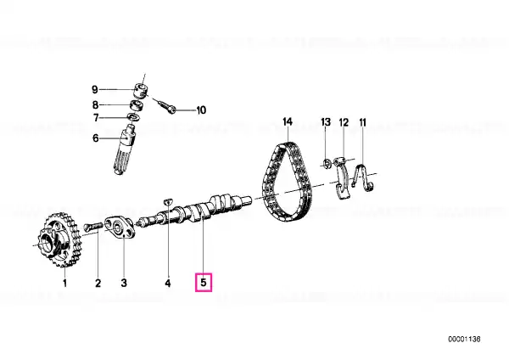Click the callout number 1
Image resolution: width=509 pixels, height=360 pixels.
coord(65,283)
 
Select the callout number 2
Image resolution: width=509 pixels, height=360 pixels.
coord(98,283)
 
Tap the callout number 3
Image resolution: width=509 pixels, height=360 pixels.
coord(124,283)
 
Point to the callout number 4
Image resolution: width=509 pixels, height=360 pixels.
coord(167,283)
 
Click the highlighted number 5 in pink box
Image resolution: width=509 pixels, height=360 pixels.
coord(204,283)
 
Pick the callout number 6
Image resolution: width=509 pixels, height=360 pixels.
coord(95,138)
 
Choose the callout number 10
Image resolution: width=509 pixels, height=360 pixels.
coord(201,110)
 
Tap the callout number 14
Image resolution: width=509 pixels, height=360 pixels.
coord(288,122)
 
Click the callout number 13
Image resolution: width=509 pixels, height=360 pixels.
coord(326,122)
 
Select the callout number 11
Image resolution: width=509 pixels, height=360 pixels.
coord(362,122)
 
